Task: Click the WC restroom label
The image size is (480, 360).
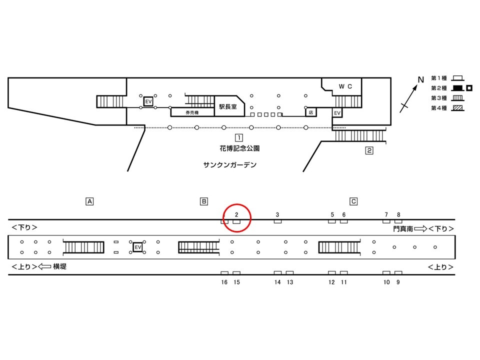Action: tap(345, 86)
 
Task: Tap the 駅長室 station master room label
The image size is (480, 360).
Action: tap(228, 106)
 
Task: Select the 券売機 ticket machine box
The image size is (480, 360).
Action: tap(192, 112)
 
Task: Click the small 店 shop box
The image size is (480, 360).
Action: tap(310, 112)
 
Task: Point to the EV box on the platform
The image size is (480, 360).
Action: tap(138, 247)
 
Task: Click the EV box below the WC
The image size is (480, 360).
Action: tap(337, 113)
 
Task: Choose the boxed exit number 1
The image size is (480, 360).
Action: tap(239, 138)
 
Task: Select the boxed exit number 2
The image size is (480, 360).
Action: tap(369, 150)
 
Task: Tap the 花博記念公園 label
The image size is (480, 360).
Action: tap(239, 148)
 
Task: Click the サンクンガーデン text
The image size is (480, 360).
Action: tap(230, 164)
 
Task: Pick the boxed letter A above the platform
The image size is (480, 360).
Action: tap(89, 201)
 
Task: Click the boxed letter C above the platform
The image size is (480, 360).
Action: tap(353, 201)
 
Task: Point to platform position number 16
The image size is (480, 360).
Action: tap(224, 282)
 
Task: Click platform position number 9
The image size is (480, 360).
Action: tap(398, 282)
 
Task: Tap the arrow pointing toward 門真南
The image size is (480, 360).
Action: tap(420, 228)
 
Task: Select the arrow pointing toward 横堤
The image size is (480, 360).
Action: tap(44, 266)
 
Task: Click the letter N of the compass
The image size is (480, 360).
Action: tap(421, 79)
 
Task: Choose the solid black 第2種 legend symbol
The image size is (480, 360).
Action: tap(457, 88)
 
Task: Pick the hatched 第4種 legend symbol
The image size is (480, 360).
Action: tap(457, 108)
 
